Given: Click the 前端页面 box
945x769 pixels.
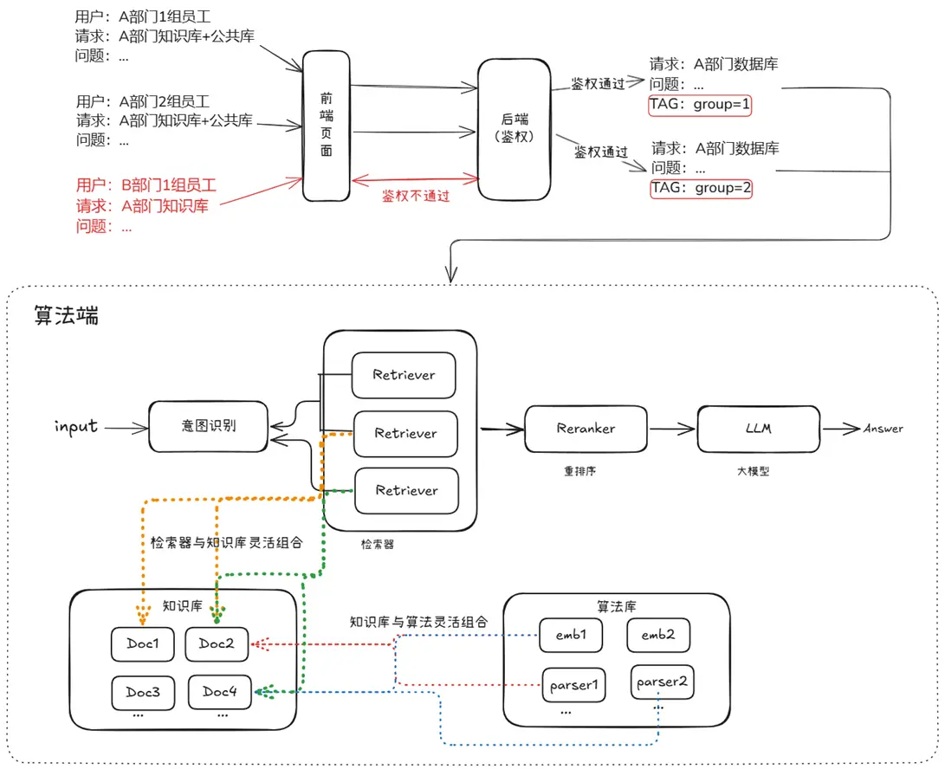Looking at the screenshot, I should [x=327, y=126].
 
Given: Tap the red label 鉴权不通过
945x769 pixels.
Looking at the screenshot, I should [x=416, y=197].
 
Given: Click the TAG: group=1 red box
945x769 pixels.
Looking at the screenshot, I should [x=701, y=106].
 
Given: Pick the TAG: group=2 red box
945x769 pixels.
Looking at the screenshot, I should [x=702, y=188].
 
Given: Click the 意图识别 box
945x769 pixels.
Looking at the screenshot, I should [x=208, y=426].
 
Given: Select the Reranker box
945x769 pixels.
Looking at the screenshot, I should [x=586, y=428].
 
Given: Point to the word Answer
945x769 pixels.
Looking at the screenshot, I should [x=883, y=428].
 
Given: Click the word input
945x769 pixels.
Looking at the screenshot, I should [x=76, y=426].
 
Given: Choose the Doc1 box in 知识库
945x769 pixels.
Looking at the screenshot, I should [x=142, y=643].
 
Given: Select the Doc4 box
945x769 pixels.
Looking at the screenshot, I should [x=219, y=691].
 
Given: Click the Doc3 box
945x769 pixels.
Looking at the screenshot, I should [x=142, y=692].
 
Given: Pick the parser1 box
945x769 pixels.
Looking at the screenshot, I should [x=573, y=685].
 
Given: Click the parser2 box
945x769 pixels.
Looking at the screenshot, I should [x=663, y=682].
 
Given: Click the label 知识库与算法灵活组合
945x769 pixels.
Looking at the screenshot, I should [x=418, y=622].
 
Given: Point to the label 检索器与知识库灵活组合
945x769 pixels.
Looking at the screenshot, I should [x=227, y=543].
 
